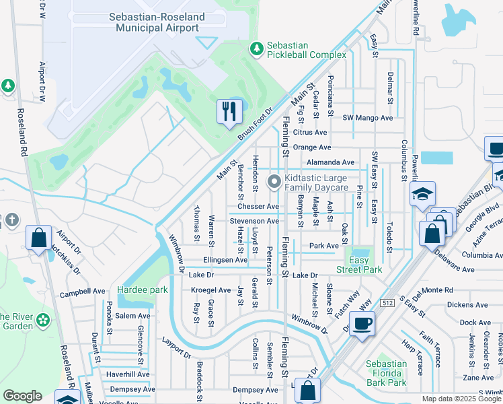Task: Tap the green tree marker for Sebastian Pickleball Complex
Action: (x=256, y=48)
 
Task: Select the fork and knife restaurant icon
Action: (x=229, y=110)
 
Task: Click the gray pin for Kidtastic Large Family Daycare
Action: (x=274, y=182)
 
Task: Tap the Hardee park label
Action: (x=141, y=290)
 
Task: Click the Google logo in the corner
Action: (x=22, y=396)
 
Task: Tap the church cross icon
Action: (x=11, y=220)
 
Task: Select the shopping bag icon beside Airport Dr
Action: (x=38, y=236)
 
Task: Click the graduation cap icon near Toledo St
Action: (x=422, y=194)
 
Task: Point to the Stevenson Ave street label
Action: (x=254, y=221)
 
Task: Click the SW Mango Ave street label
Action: (x=367, y=118)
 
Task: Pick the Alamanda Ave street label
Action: (x=330, y=162)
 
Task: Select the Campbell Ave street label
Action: (x=83, y=293)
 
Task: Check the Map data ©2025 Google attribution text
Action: (x=461, y=399)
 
